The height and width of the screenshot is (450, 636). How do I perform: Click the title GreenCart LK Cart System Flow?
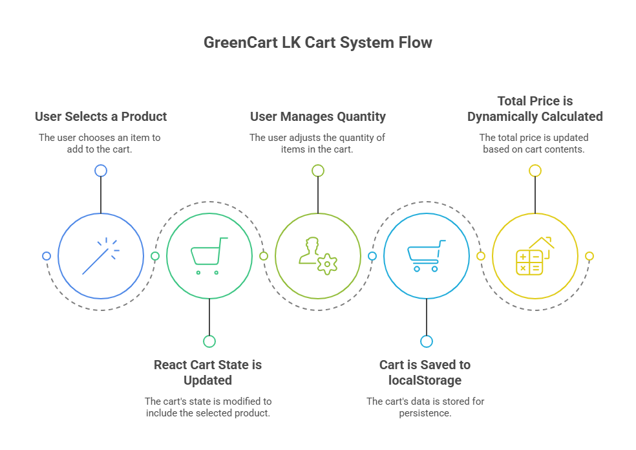point(317,43)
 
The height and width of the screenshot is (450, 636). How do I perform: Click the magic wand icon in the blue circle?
point(101,256)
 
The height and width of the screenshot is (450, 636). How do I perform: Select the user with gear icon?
point(318,256)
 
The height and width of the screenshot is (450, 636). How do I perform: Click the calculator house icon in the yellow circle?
point(535,256)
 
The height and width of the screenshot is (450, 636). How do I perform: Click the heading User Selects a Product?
point(101,117)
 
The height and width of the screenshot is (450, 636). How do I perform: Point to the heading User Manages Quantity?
point(318,117)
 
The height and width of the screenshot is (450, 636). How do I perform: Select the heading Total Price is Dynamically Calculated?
point(535,109)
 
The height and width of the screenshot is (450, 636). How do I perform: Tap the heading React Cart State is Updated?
point(207,372)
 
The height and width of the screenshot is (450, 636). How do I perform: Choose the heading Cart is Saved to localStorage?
point(425,372)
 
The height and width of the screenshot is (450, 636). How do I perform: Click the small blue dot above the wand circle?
point(101,171)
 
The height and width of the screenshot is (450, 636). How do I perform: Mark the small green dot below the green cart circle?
point(209,341)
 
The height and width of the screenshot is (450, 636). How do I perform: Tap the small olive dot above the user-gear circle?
point(318,171)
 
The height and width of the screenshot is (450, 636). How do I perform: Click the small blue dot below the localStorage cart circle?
point(427,341)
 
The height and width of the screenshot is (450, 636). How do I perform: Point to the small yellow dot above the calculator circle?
point(535,171)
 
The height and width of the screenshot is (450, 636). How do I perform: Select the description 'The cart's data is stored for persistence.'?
point(425,407)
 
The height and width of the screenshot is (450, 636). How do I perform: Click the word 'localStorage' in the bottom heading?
point(425,380)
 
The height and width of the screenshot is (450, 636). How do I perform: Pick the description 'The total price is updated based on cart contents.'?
point(534,143)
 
